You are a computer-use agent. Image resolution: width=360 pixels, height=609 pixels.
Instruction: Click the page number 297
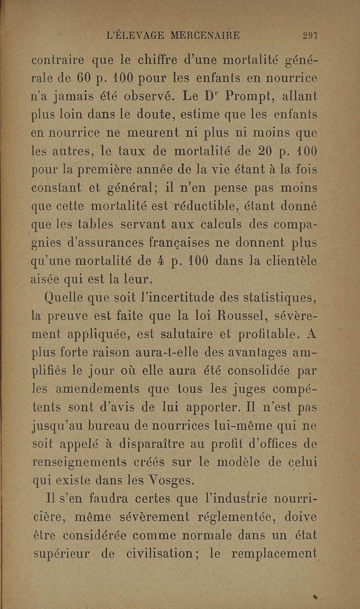[x=310, y=36]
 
